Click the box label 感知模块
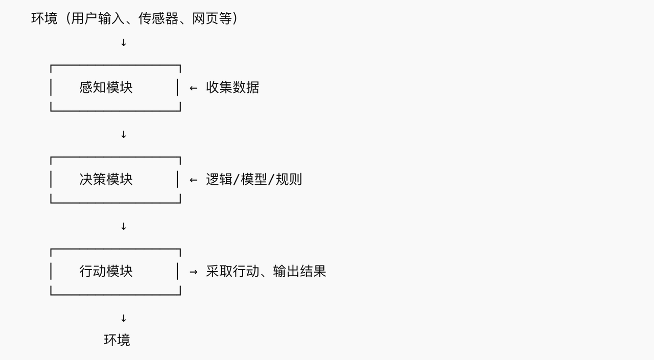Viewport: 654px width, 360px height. [106, 87]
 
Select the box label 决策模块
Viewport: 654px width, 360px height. [106, 179]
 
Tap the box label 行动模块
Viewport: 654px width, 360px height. [106, 271]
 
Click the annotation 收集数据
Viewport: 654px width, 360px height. [232, 87]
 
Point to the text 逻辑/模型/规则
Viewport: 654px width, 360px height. [254, 179]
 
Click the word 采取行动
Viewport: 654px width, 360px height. [232, 271]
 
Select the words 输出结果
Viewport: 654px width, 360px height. [299, 271]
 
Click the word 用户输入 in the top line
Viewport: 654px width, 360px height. [98, 18]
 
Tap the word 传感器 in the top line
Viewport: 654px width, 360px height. [158, 18]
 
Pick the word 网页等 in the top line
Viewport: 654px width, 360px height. [212, 18]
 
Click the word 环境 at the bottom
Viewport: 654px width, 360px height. [117, 340]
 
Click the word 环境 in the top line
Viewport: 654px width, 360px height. [44, 18]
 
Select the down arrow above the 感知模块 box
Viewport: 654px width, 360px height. [124, 42]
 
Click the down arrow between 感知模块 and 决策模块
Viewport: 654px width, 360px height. [124, 134]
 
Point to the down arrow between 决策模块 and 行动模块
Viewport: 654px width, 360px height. [124, 226]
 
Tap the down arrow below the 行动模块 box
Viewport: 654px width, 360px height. [124, 318]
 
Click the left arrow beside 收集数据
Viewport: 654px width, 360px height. [193, 88]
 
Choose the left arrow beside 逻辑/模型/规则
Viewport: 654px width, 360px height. [193, 180]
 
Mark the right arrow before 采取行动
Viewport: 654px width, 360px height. [193, 272]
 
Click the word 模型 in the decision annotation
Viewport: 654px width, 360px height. [254, 179]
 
